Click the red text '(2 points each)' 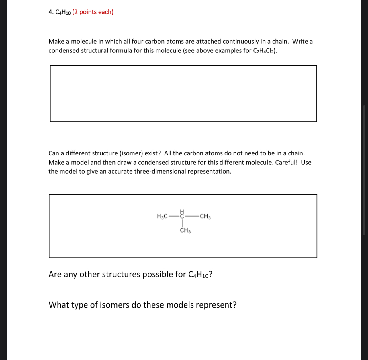(x=93, y=12)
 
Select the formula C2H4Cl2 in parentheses (x=264, y=51)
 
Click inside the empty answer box (x=183, y=94)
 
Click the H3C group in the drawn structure (x=162, y=216)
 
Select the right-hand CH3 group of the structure (x=205, y=216)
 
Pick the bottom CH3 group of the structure (x=185, y=231)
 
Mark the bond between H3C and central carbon (x=173, y=216)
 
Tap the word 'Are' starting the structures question (x=55, y=275)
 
